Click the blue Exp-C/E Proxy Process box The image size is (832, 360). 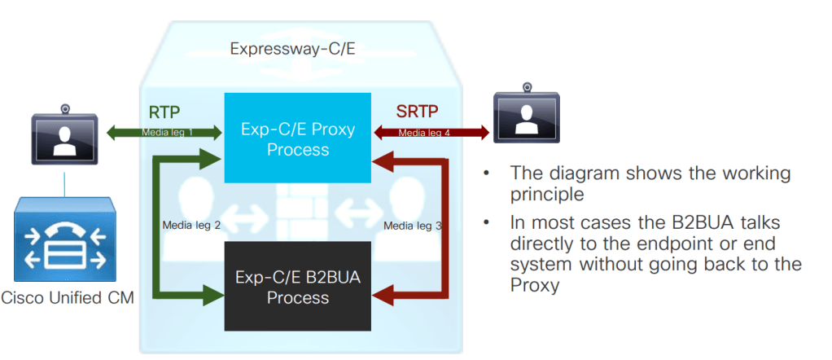(298, 139)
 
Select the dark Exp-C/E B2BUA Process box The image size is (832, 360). (298, 287)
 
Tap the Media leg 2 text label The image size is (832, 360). (191, 225)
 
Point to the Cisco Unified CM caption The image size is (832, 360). (68, 298)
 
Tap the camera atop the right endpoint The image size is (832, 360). (528, 86)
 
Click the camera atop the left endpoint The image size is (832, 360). (64, 108)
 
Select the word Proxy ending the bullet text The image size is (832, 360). (533, 285)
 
